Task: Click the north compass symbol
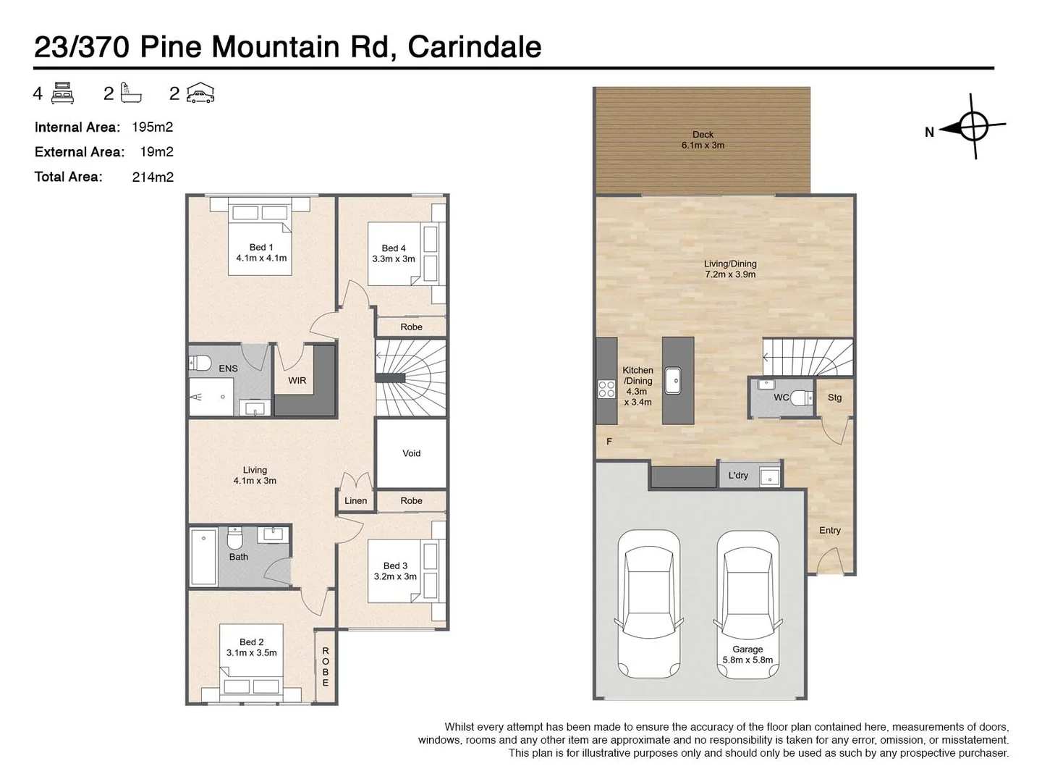pyautogui.click(x=973, y=127)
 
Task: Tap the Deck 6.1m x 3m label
pyautogui.click(x=702, y=140)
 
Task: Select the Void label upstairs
pyautogui.click(x=411, y=453)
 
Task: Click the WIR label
pyautogui.click(x=297, y=380)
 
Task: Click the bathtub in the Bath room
pyautogui.click(x=203, y=557)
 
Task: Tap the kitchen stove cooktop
pyautogui.click(x=606, y=389)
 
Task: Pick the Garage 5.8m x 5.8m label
pyautogui.click(x=747, y=655)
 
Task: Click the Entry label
pyautogui.click(x=830, y=530)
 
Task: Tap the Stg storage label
pyautogui.click(x=834, y=398)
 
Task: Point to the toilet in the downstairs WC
pyautogui.click(x=800, y=398)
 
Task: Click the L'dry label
pyautogui.click(x=738, y=476)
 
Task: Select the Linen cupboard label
pyautogui.click(x=355, y=500)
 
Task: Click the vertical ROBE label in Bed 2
pyautogui.click(x=326, y=667)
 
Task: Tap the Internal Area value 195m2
pyautogui.click(x=152, y=127)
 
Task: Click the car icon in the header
pyautogui.click(x=200, y=93)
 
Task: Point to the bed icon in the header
pyautogui.click(x=63, y=93)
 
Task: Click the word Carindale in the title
pyautogui.click(x=474, y=47)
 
